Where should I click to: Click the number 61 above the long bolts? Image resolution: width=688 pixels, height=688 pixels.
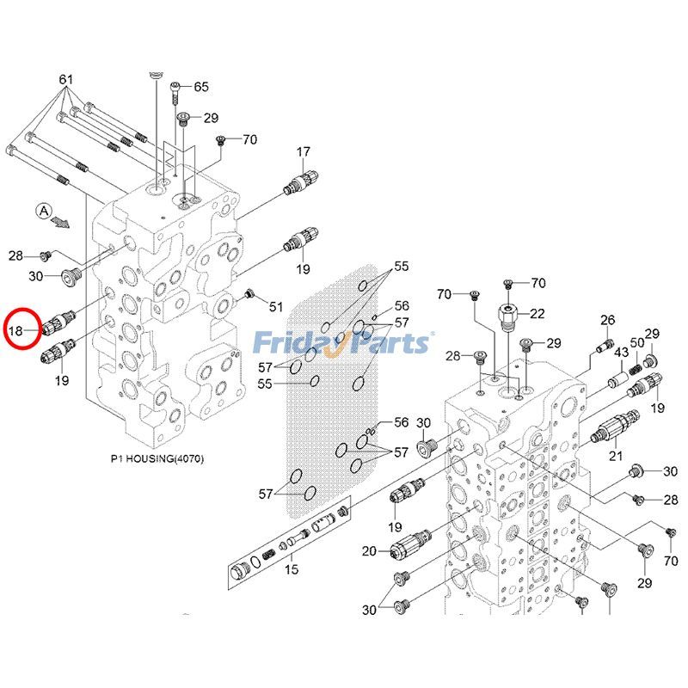(65, 78)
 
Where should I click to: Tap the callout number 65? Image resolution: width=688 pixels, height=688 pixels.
(201, 87)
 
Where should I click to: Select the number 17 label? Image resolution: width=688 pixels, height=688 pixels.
(303, 152)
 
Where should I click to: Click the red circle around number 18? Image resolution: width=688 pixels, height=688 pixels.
(21, 328)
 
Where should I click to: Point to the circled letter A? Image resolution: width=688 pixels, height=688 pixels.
(44, 210)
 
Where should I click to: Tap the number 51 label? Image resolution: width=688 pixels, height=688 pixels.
(275, 307)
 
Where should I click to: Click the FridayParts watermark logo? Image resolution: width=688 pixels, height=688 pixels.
(343, 343)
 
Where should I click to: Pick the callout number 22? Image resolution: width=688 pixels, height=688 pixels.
(537, 313)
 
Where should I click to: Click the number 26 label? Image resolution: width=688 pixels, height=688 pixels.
(607, 321)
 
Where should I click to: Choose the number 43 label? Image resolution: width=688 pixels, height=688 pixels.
(621, 353)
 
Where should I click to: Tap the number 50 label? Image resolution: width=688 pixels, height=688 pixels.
(636, 343)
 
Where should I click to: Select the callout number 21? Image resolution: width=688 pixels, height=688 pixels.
(615, 455)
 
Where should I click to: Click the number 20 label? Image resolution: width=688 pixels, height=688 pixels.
(369, 550)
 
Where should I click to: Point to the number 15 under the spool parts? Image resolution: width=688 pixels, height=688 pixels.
(291, 569)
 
